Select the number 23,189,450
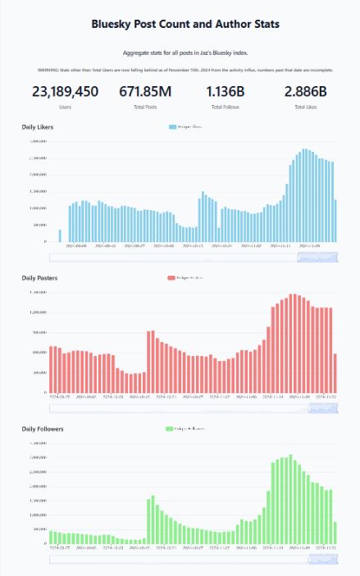point(65,92)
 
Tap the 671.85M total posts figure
point(146,92)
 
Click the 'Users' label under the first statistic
point(65,107)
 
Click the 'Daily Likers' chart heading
point(39,127)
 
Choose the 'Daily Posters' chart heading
point(40,278)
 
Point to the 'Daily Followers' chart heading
point(43,429)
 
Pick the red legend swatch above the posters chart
point(171,278)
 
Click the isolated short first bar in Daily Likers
point(60,235)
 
